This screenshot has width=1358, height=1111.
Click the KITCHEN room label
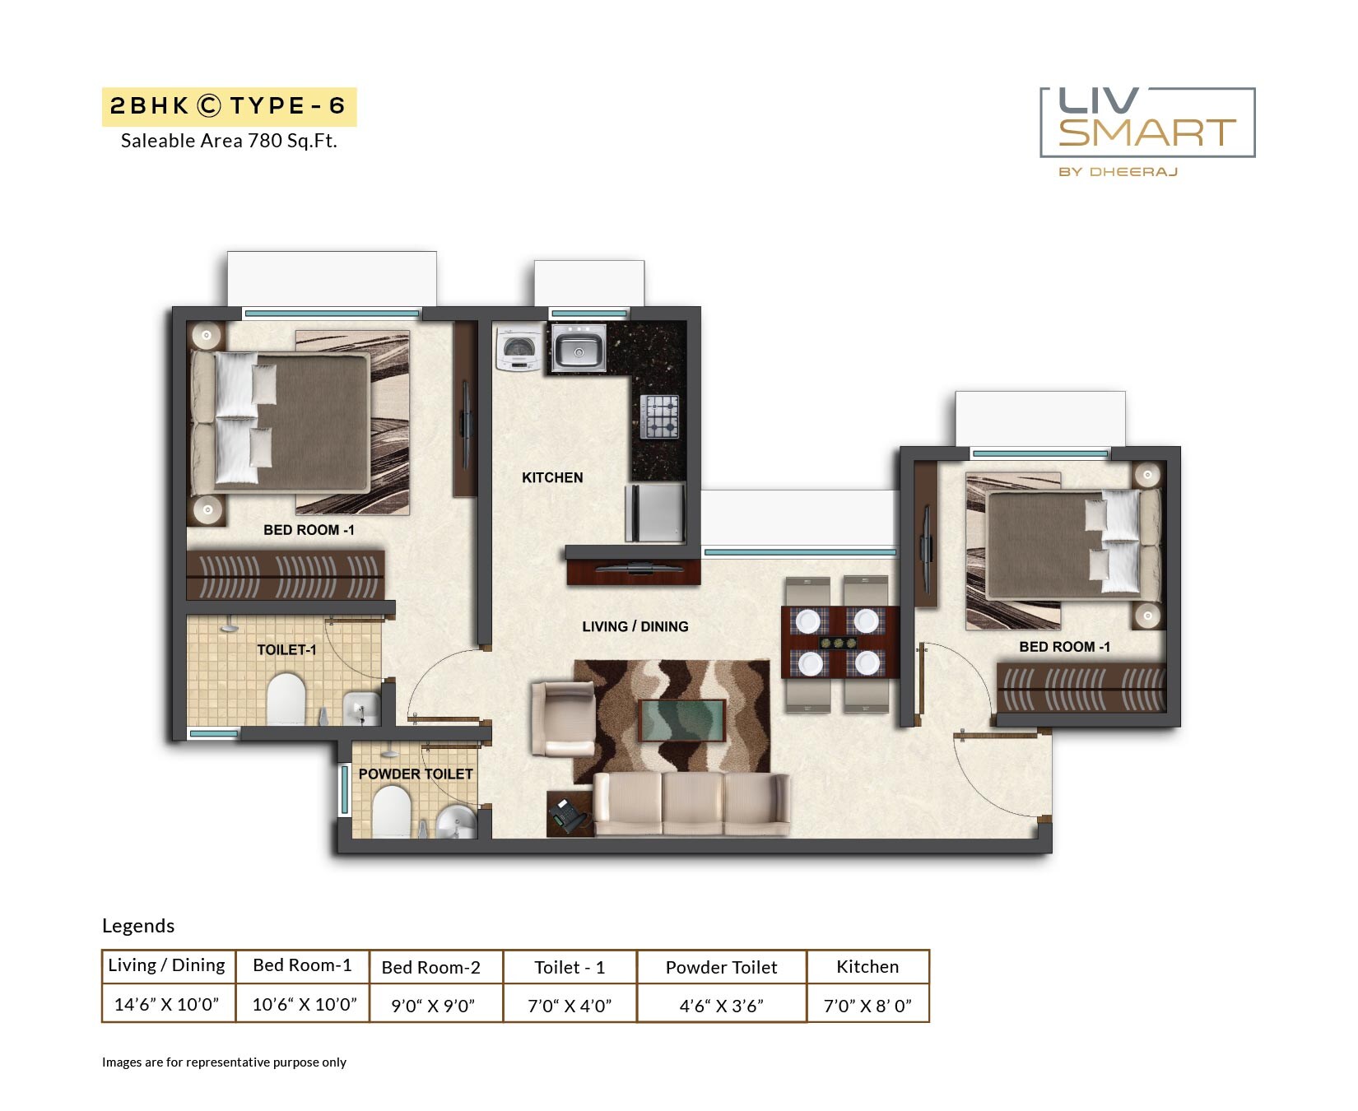[552, 477]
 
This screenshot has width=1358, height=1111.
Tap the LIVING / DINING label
[635, 626]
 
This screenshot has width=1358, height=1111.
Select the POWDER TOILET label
[416, 774]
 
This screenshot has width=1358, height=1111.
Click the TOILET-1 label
[286, 649]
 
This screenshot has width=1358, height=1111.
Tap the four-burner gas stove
[660, 416]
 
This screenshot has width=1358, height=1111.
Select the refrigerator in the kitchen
[656, 513]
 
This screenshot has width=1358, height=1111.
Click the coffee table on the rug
[681, 720]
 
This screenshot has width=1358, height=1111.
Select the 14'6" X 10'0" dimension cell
[167, 1004]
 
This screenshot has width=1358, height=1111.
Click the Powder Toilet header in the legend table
[721, 967]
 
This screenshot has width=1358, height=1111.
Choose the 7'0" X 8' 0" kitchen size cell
[867, 1005]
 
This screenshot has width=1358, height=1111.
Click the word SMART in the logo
[1147, 132]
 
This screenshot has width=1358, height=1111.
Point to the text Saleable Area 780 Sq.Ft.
[229, 141]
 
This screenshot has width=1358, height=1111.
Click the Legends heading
[138, 926]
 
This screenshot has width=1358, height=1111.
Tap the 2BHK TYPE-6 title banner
[229, 106]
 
